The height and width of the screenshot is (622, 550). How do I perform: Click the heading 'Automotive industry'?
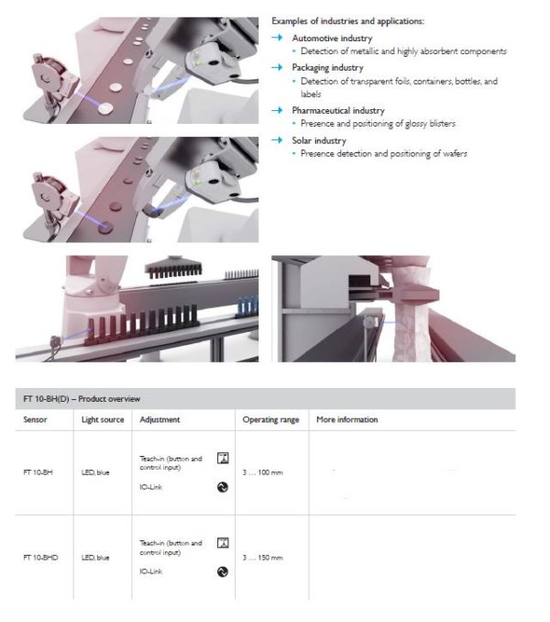[x=332, y=39]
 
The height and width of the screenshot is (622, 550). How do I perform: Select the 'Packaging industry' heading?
[x=327, y=68]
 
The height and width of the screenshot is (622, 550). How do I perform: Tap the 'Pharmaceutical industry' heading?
[x=337, y=110]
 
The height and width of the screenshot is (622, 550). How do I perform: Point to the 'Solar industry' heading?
[x=319, y=140]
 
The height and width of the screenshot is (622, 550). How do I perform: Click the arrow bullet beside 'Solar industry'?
[x=278, y=140]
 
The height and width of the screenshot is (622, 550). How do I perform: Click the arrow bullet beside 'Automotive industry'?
[x=278, y=39]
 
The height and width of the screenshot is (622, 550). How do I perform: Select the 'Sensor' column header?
[x=35, y=419]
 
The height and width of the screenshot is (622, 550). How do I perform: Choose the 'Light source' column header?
[x=103, y=419]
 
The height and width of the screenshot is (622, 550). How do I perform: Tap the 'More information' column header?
[x=346, y=419]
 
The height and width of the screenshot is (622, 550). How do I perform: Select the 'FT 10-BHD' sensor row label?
[x=40, y=557]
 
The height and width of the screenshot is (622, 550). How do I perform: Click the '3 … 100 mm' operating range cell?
[x=262, y=472]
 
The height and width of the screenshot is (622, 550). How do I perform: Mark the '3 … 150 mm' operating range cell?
[x=262, y=557]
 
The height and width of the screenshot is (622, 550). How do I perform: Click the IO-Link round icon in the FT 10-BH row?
[x=222, y=488]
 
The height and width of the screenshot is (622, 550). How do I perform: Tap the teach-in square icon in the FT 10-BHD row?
[x=222, y=543]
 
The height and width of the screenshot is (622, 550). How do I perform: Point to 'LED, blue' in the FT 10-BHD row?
[x=95, y=557]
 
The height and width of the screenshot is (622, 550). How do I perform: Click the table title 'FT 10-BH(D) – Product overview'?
[x=82, y=398]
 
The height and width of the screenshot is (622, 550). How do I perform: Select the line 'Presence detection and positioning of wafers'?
[x=384, y=153]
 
